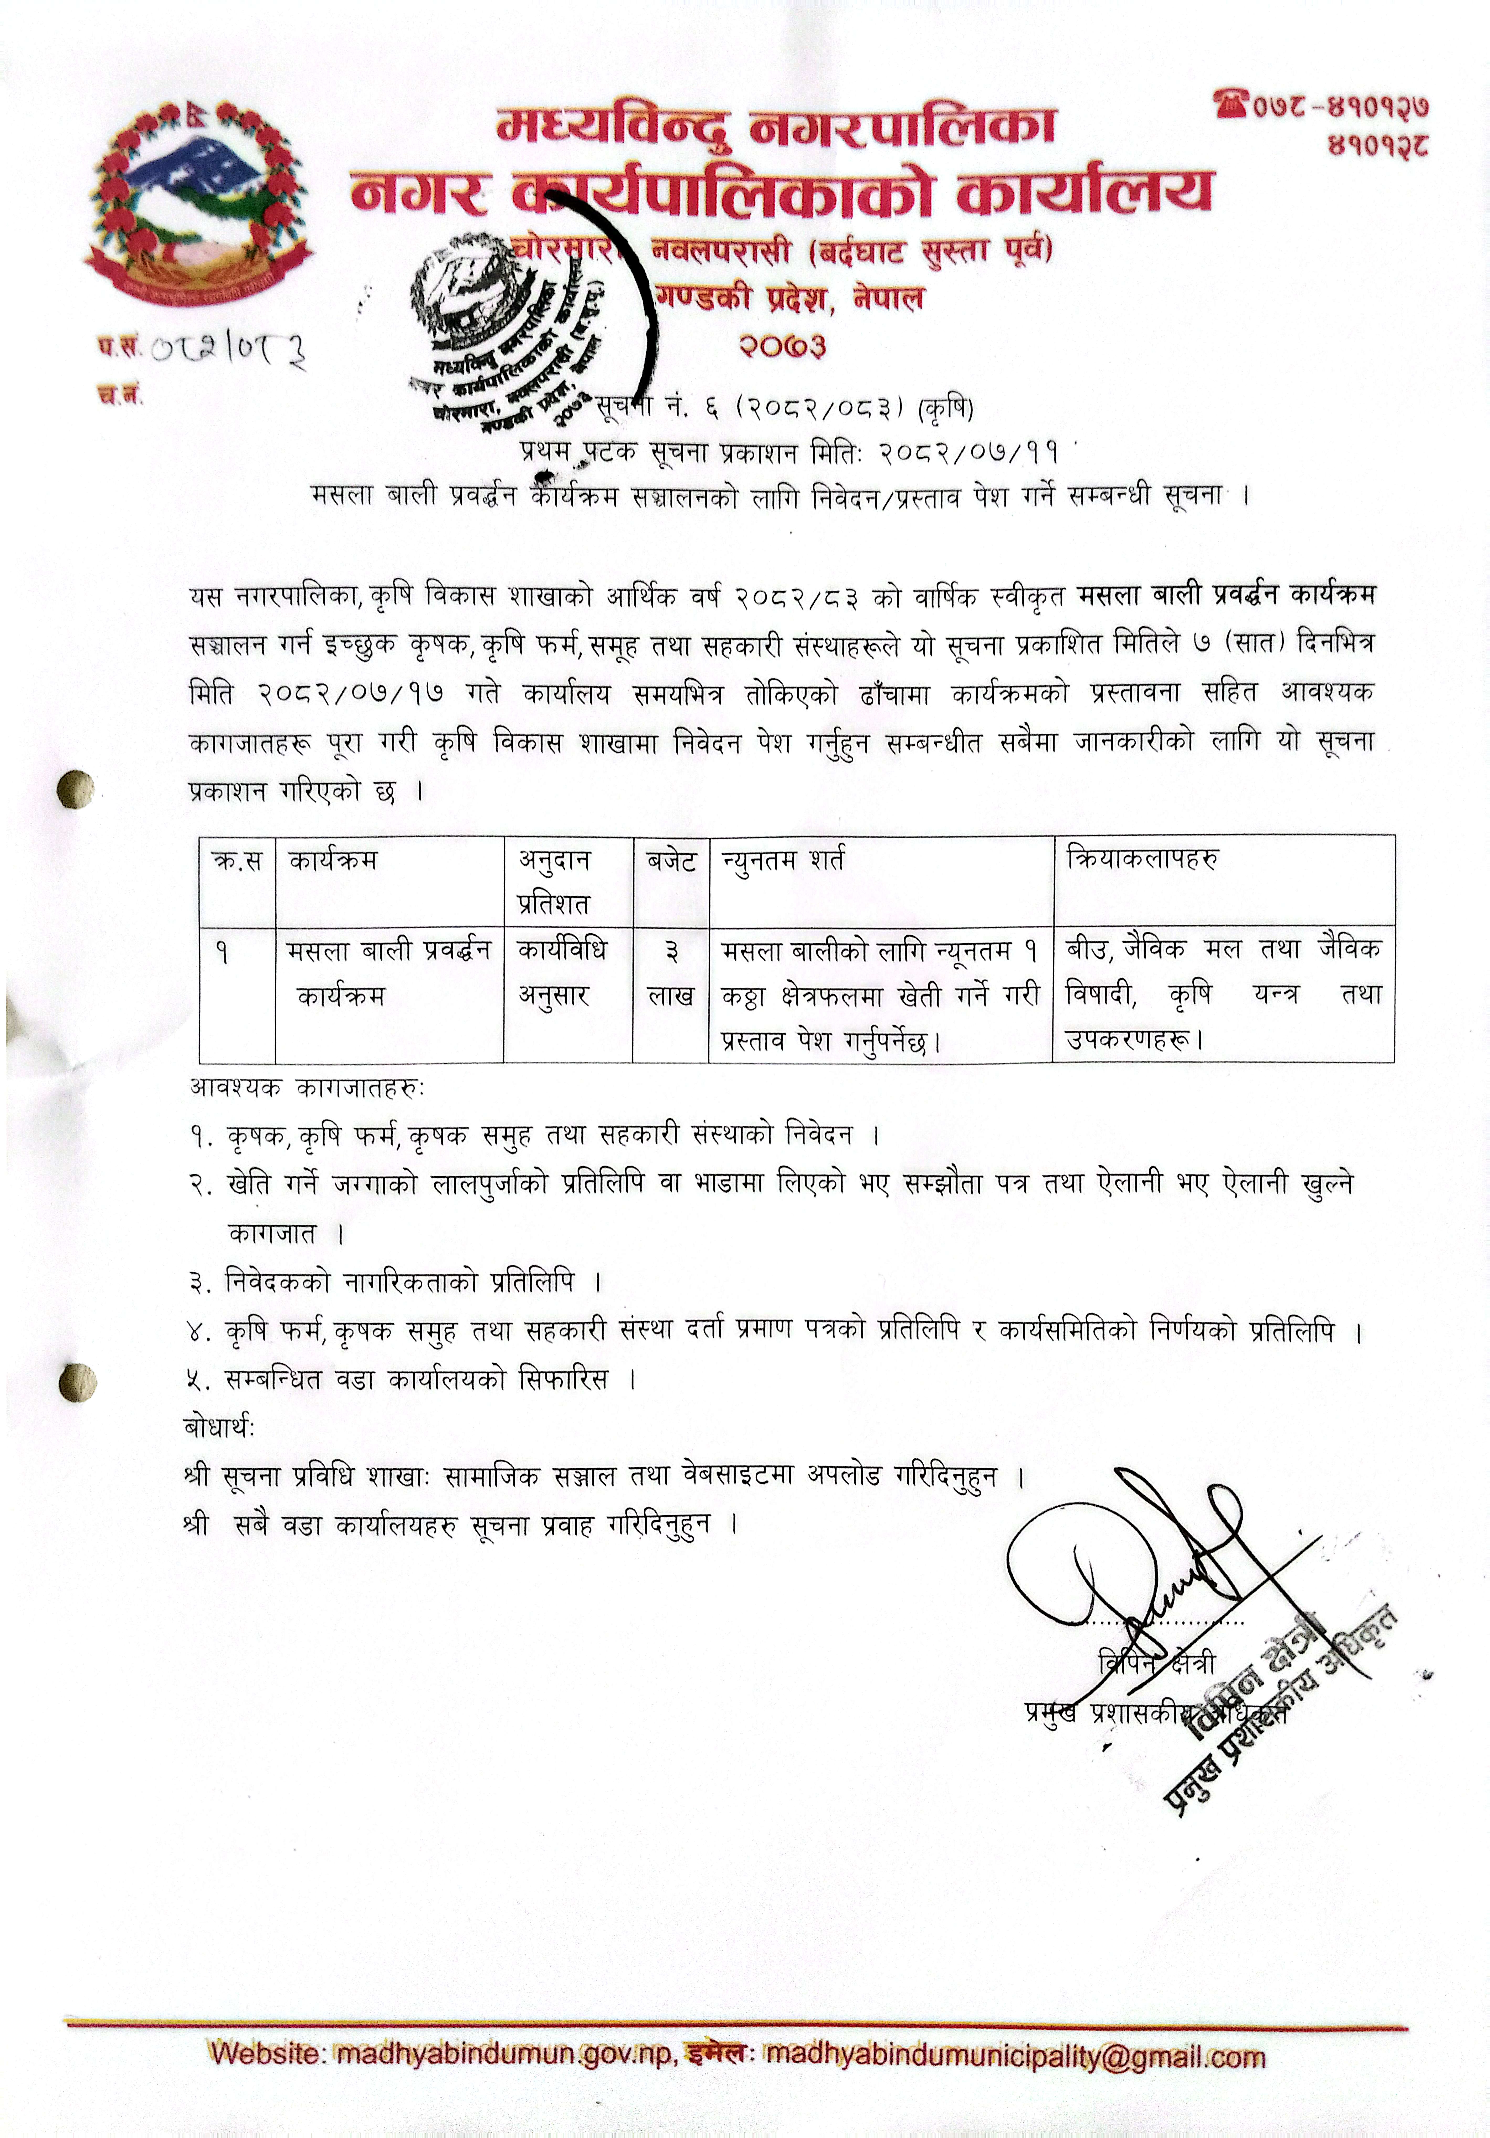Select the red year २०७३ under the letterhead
782,346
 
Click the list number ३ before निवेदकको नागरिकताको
197,1283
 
